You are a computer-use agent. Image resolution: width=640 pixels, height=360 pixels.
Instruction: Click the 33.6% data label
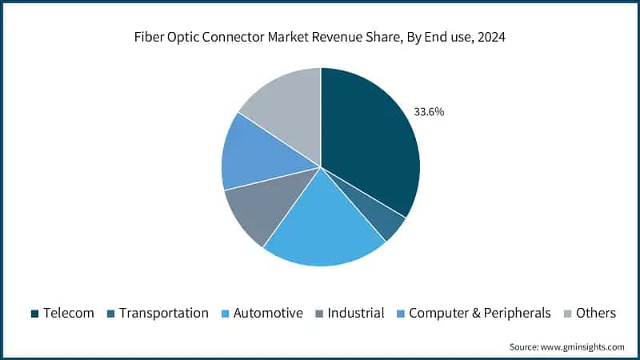pyautogui.click(x=428, y=112)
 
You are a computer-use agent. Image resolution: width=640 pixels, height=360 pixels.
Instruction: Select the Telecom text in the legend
pyautogui.click(x=69, y=313)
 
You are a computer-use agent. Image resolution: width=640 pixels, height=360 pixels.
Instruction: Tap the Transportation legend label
pyautogui.click(x=163, y=313)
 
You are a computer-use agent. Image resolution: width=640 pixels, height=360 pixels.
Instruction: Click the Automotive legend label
pyautogui.click(x=268, y=313)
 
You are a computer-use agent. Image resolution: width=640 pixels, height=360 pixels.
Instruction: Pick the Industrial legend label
pyautogui.click(x=356, y=313)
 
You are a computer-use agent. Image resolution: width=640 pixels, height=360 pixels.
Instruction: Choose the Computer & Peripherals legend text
pyautogui.click(x=480, y=313)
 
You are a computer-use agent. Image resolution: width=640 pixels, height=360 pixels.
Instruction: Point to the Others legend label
pyautogui.click(x=596, y=313)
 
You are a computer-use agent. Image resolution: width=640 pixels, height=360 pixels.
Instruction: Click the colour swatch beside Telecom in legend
pyautogui.click(x=35, y=314)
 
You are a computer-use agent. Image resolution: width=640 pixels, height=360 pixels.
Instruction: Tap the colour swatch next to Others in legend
pyautogui.click(x=569, y=314)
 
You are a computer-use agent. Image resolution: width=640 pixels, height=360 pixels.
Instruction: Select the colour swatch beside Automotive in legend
pyautogui.click(x=226, y=314)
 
